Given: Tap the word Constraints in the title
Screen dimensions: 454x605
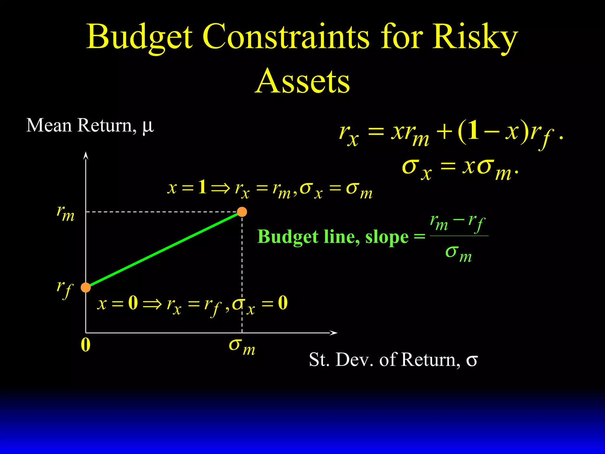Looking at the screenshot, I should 286,37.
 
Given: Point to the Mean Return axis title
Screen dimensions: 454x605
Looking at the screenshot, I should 90,125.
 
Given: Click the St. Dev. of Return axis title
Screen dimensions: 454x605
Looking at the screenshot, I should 393,360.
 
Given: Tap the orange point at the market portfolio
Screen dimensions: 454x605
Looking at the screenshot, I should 242,212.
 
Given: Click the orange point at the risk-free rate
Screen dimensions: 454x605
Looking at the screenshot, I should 86,287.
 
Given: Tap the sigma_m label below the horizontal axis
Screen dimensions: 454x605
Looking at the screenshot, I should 242,346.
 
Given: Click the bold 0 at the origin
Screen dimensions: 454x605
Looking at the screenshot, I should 85,345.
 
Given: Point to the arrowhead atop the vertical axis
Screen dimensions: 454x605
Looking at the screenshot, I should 86,155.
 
